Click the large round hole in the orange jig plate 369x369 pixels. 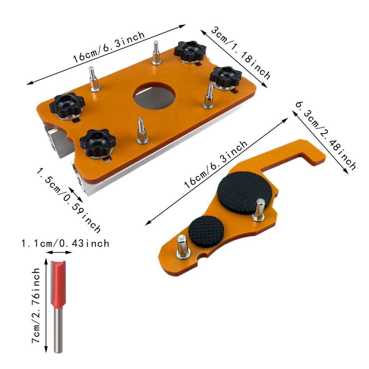pyautogui.click(x=154, y=95)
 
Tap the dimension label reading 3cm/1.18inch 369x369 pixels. pyautogui.click(x=240, y=53)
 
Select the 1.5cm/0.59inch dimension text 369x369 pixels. pyautogui.click(x=68, y=200)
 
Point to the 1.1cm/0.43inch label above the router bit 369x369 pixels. pyautogui.click(x=65, y=243)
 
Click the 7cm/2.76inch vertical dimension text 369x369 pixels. pyautogui.click(x=36, y=305)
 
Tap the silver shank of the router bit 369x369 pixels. pyautogui.click(x=58, y=331)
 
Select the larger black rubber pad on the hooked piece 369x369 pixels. pyautogui.click(x=245, y=192)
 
